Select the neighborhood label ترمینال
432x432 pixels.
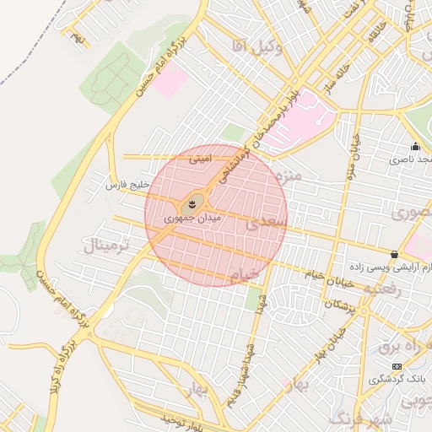coord(105,246)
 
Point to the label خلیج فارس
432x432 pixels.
coord(127,184)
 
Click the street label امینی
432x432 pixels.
coord(200,157)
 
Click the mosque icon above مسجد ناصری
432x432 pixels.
coord(414,145)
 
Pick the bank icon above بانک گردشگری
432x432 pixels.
coord(397,365)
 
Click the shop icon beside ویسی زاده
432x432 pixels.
coord(394,254)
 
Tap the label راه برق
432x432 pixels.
coord(397,345)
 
